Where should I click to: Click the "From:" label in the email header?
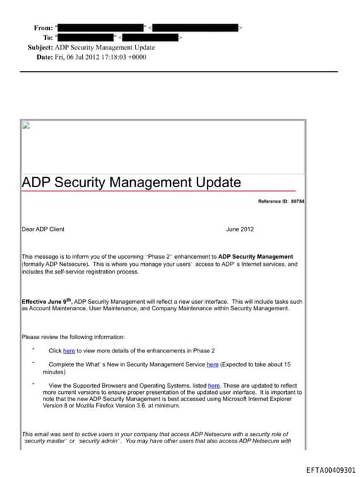pyautogui.click(x=43, y=27)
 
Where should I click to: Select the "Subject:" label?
pyautogui.click(x=39, y=47)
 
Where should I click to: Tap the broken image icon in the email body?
pyautogui.click(x=26, y=126)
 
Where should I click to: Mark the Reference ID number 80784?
pyautogui.click(x=297, y=202)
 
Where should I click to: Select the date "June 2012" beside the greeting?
pyautogui.click(x=240, y=229)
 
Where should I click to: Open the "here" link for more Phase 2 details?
pyautogui.click(x=69, y=350)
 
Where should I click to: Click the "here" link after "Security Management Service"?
pyautogui.click(x=212, y=364)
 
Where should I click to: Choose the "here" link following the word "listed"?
pyautogui.click(x=214, y=386)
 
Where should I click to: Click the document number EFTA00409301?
pyautogui.click(x=331, y=470)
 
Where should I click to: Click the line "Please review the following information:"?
pyautogui.click(x=73, y=337)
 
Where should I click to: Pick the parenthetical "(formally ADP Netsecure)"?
pyautogui.click(x=56, y=265)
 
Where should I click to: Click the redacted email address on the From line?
pyautogui.click(x=196, y=27)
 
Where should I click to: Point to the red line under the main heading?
pyautogui.click(x=158, y=191)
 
